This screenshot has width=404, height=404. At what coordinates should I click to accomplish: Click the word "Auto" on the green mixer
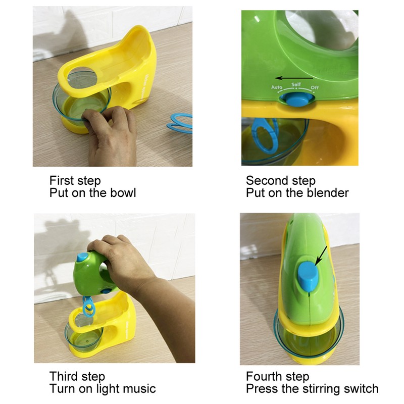pyautogui.click(x=276, y=87)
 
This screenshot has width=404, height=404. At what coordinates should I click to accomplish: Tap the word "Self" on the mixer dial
pyautogui.click(x=296, y=84)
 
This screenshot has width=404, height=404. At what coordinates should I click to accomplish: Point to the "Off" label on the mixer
pyautogui.click(x=315, y=88)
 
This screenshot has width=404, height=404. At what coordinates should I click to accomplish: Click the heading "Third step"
pyautogui.click(x=77, y=376)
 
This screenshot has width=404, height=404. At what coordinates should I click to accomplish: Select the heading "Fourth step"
pyautogui.click(x=277, y=376)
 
